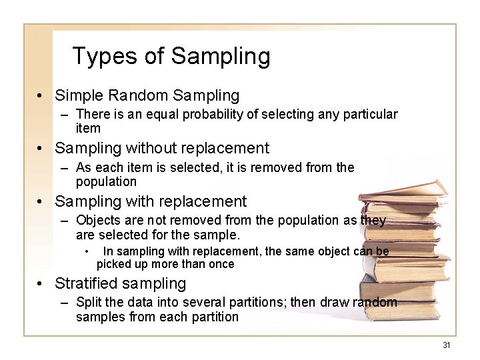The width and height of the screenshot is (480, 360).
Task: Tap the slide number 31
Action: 447,345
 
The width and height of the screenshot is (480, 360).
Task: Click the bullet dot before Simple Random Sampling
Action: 41,97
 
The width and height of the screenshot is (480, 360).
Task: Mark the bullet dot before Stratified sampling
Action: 41,284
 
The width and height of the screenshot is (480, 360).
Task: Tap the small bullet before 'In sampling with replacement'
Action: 87,251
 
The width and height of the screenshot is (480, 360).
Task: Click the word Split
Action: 88,303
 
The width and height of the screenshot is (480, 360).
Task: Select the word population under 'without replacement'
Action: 107,181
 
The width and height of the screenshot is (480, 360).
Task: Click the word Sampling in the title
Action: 221,57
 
